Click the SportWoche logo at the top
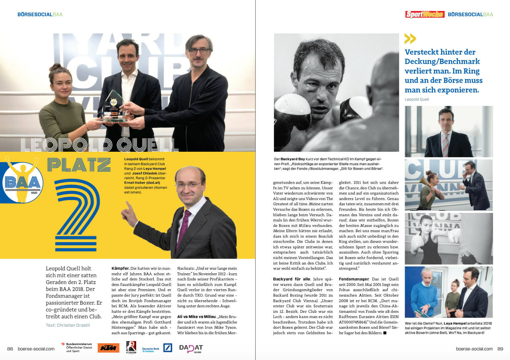425,14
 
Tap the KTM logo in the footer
108,348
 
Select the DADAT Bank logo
191,348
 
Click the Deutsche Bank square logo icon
168,348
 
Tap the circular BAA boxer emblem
23,181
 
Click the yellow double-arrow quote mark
410,39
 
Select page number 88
10,349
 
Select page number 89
500,349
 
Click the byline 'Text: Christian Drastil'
68,325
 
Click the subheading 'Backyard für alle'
292,279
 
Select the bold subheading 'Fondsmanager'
354,279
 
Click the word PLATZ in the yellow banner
79,165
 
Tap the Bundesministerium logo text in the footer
79,347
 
